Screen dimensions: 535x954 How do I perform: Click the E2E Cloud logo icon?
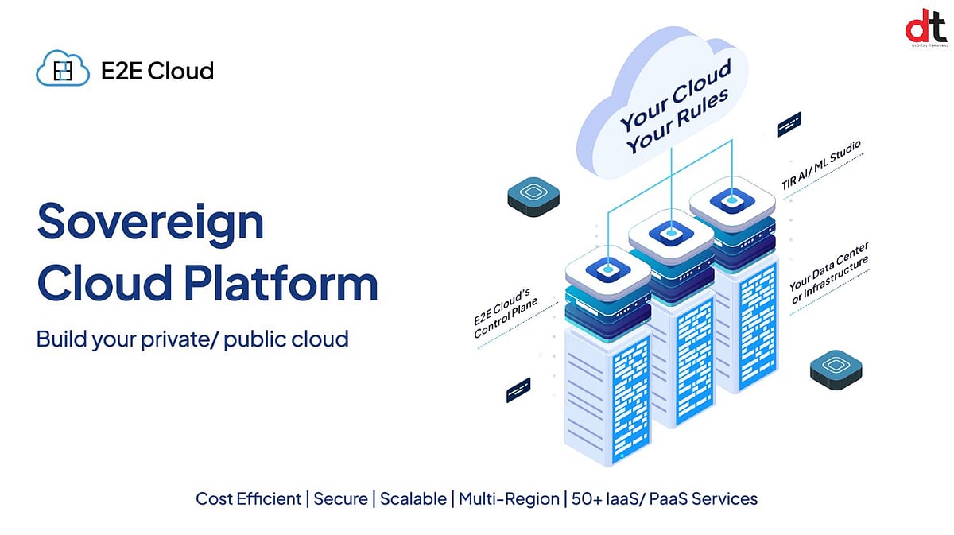(x=62, y=71)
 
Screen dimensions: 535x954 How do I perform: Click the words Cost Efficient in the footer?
(x=249, y=499)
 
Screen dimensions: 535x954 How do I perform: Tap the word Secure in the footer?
(x=340, y=499)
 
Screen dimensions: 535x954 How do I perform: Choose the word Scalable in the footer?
(x=413, y=499)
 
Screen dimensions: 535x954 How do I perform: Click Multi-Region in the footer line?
(x=509, y=499)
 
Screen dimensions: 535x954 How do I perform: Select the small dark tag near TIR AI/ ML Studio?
(x=789, y=124)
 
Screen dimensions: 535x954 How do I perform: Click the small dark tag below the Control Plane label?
(x=518, y=390)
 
